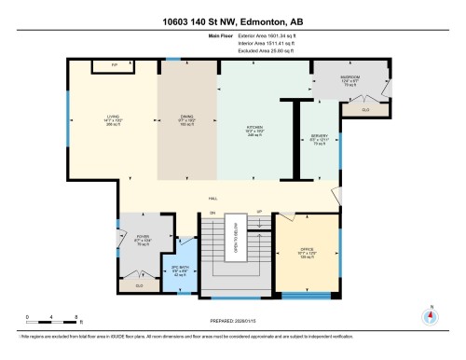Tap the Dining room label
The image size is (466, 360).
click(x=186, y=119)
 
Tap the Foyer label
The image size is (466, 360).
click(x=143, y=240)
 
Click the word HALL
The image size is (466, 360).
click(x=212, y=199)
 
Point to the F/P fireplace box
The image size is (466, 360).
click(x=103, y=66)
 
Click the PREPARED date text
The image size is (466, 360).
click(x=233, y=325)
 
